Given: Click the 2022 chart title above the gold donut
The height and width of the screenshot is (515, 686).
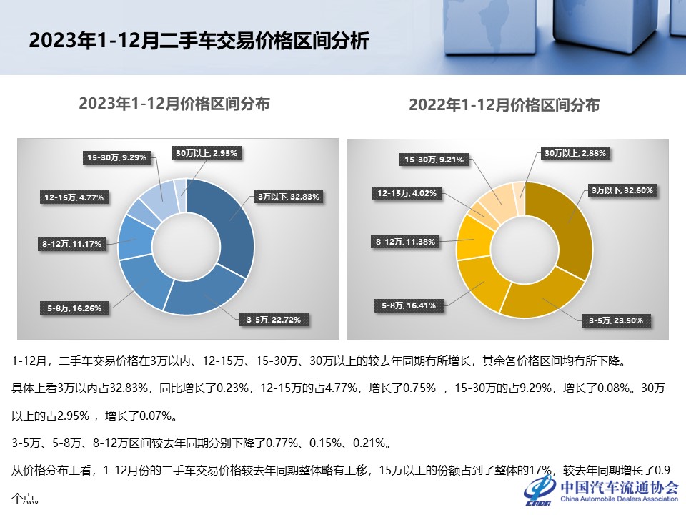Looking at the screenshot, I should click(x=504, y=105).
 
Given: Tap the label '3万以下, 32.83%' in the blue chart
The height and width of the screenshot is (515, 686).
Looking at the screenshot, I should click(x=288, y=196).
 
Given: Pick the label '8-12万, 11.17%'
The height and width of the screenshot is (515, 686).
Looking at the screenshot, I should click(x=72, y=244).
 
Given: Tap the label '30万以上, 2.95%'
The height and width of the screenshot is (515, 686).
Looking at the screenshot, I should click(x=207, y=152).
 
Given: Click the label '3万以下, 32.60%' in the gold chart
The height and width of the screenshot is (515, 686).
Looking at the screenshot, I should click(x=622, y=190).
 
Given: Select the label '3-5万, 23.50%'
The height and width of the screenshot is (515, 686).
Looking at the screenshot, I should click(x=616, y=320).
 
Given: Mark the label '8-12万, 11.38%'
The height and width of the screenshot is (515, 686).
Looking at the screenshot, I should click(x=406, y=241).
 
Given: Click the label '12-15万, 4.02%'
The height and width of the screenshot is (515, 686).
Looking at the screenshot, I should click(x=407, y=193).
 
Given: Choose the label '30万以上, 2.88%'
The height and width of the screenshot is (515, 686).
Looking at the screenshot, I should click(x=575, y=153).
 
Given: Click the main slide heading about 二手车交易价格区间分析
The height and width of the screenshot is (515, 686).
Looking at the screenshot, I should click(x=199, y=40).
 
